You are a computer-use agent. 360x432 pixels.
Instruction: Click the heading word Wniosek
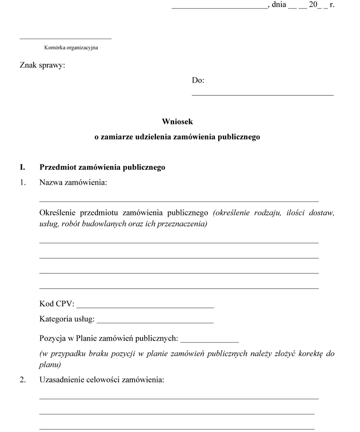click(x=177, y=121)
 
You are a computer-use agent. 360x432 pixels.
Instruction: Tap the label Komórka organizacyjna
click(x=71, y=48)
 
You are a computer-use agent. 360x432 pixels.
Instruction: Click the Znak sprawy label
click(x=42, y=66)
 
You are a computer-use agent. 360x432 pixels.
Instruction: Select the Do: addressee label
click(x=198, y=80)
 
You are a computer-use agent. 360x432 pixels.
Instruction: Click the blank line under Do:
click(x=262, y=95)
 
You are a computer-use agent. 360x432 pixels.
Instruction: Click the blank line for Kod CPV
click(x=145, y=307)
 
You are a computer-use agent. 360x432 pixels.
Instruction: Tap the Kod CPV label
click(x=57, y=304)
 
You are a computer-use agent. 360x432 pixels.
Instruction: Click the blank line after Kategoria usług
click(x=155, y=323)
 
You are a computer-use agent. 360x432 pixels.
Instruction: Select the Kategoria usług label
click(x=67, y=319)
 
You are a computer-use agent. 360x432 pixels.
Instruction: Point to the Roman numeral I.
click(x=22, y=167)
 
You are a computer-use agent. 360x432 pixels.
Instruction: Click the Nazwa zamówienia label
click(x=73, y=183)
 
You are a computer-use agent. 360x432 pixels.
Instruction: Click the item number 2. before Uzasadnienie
click(x=22, y=380)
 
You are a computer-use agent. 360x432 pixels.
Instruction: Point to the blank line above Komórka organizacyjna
click(x=65, y=39)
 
